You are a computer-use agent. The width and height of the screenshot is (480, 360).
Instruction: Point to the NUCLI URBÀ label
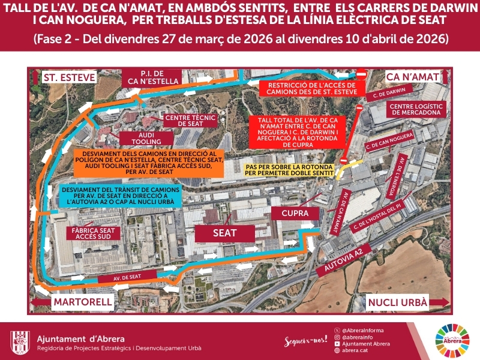(x=398, y=302)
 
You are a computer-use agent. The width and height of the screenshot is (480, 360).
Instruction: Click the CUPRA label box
(x=290, y=213)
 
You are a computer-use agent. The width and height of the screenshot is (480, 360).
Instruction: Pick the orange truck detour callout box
(x=148, y=163)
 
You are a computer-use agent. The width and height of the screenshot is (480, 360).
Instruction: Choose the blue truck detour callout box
(x=120, y=196)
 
